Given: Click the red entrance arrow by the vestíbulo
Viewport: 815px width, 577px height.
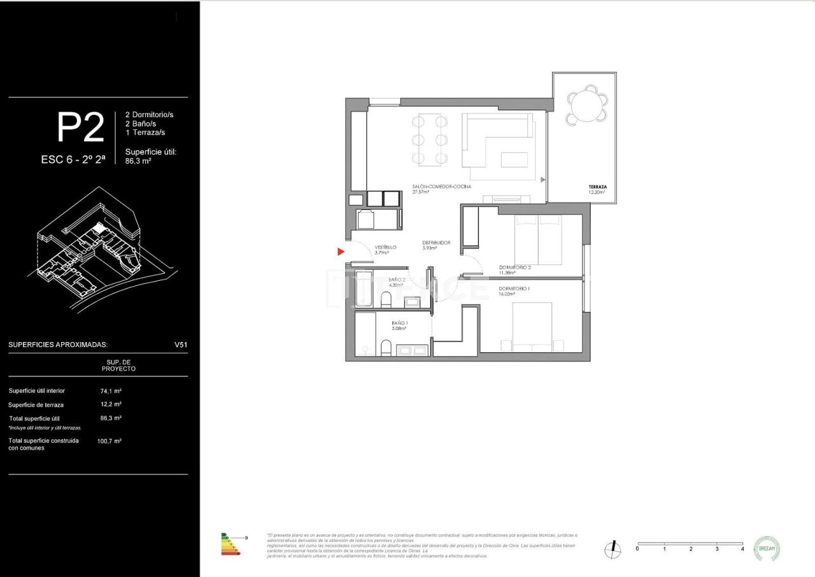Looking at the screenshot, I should click(341, 252).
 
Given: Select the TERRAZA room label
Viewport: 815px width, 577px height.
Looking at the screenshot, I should click(597, 187).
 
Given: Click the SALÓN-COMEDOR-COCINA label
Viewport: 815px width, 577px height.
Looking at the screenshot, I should click(441, 187).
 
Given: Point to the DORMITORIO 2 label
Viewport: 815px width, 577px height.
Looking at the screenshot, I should click(515, 267).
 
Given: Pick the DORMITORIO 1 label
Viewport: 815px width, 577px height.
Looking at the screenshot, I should click(515, 288).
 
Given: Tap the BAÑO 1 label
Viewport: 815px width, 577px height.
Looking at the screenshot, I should click(400, 324).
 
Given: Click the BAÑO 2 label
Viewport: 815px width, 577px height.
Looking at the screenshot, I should click(397, 280).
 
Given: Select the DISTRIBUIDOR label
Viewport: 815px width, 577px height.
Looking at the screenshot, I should click(437, 243).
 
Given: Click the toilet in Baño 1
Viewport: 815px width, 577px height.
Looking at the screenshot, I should click(385, 348).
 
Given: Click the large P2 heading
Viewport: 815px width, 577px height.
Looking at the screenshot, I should click(80, 128).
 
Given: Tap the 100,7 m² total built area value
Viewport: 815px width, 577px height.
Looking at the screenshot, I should click(110, 441).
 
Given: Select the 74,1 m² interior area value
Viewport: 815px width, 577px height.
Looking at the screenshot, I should click(110, 390).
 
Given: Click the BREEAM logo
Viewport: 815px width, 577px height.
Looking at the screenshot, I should click(767, 548).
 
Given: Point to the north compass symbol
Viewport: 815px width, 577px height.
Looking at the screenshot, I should click(613, 548).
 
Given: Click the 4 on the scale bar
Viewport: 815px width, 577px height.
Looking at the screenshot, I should click(742, 549).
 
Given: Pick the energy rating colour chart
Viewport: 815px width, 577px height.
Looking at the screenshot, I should click(230, 545).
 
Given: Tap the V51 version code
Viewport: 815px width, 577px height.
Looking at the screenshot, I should click(181, 345).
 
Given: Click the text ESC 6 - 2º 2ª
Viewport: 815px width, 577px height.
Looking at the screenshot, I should click(74, 160).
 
